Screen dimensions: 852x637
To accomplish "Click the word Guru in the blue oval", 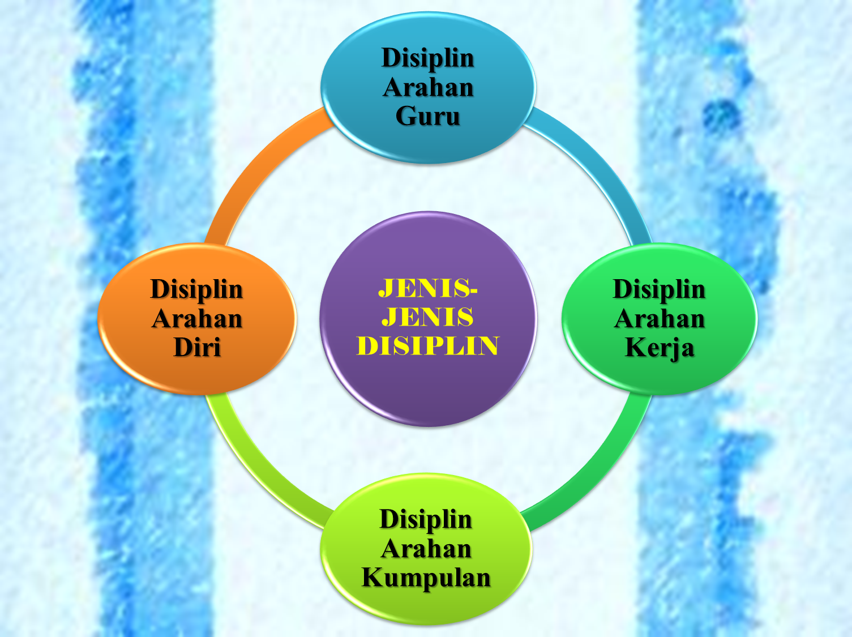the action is [x=427, y=116].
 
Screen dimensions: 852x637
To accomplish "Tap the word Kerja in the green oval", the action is [x=660, y=347].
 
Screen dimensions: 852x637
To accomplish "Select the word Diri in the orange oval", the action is [x=196, y=347].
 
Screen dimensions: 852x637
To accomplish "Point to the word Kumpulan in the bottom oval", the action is [x=426, y=578].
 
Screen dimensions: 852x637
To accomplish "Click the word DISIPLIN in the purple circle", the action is [x=427, y=346].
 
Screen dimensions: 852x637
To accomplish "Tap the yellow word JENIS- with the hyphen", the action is [x=427, y=288].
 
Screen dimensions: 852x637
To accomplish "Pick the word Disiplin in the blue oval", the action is [x=427, y=58].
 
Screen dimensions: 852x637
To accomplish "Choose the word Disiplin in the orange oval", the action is [x=196, y=289].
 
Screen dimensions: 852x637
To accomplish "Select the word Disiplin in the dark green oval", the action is [x=660, y=289].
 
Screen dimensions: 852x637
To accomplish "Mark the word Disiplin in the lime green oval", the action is [x=426, y=519].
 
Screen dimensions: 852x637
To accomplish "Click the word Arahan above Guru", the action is [x=428, y=87].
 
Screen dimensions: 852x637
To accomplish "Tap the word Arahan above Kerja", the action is [x=660, y=318].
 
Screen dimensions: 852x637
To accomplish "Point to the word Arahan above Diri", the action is [x=196, y=318].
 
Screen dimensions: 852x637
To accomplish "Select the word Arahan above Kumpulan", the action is [x=426, y=549].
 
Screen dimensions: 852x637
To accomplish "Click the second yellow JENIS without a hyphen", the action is [x=427, y=317].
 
